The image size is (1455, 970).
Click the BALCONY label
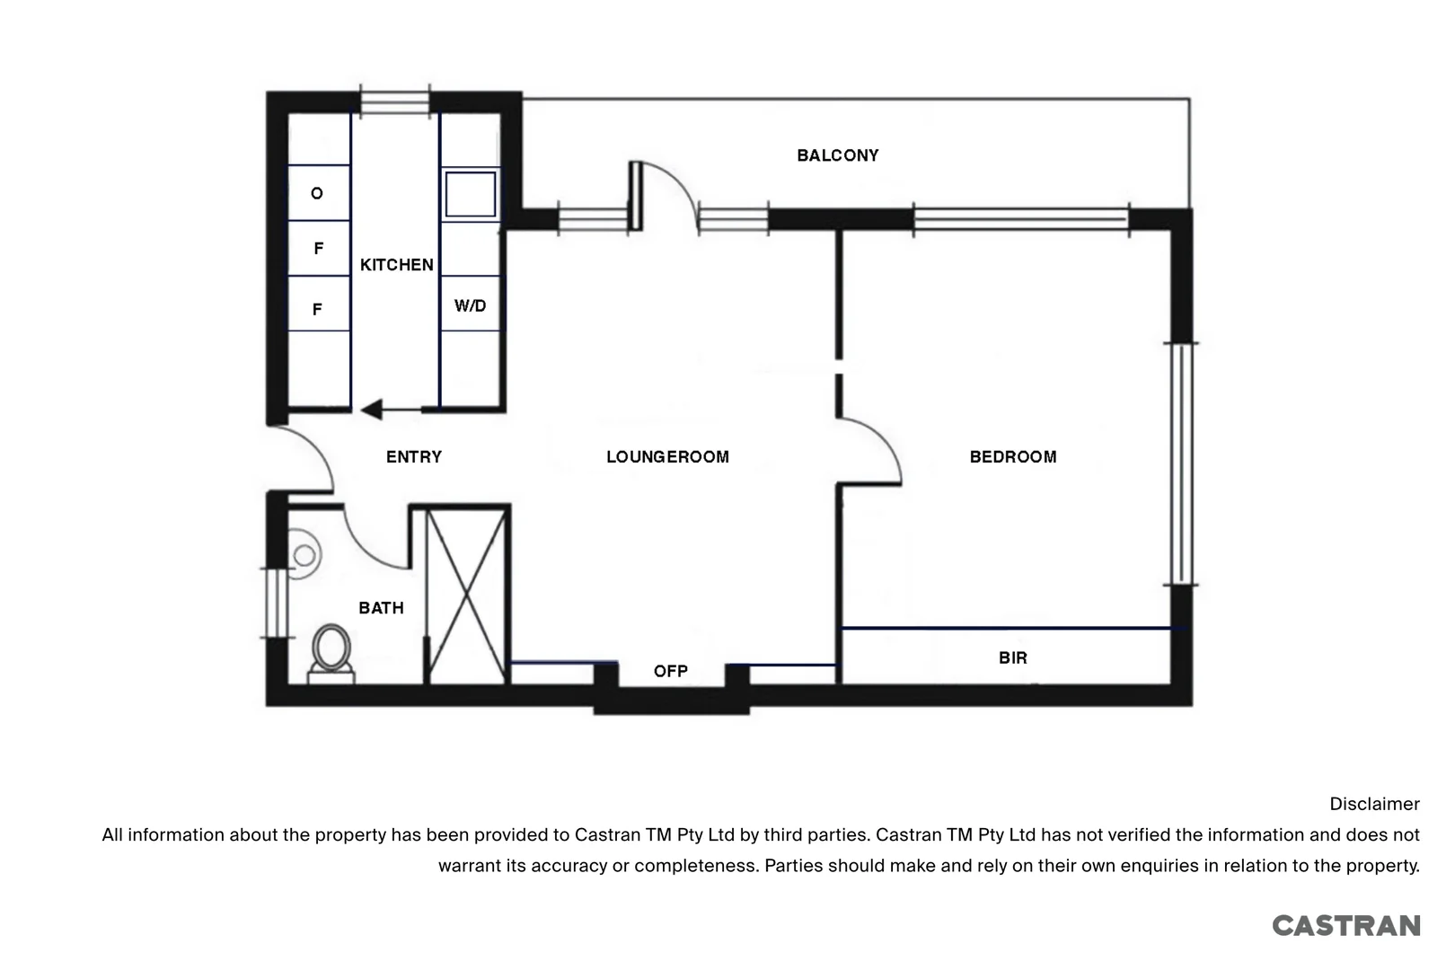(x=837, y=155)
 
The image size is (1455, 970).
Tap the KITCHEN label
(x=396, y=265)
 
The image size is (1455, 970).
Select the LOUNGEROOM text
(x=667, y=457)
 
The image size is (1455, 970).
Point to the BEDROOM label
(x=1012, y=457)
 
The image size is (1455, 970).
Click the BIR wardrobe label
(x=1012, y=658)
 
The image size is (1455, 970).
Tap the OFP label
(x=670, y=672)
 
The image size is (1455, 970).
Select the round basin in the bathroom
(x=304, y=556)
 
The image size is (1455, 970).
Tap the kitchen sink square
(x=471, y=193)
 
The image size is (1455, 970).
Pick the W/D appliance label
(x=470, y=306)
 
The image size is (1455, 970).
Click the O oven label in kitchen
(x=316, y=194)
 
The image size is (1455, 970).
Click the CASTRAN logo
(x=1345, y=926)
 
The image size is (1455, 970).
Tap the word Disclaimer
(x=1374, y=805)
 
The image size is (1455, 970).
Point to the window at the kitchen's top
(x=395, y=101)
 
